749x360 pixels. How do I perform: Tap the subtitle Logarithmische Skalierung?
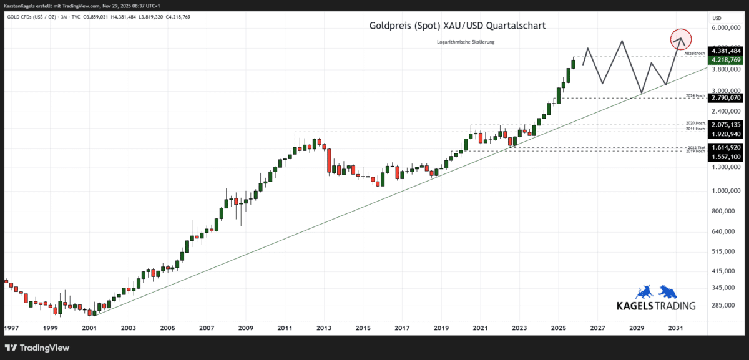click(x=466, y=42)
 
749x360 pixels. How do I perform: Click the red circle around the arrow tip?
click(x=681, y=40)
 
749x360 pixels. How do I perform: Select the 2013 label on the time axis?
click(x=323, y=328)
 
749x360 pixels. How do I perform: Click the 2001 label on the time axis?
click(x=89, y=328)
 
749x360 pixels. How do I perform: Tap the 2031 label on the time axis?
click(x=675, y=328)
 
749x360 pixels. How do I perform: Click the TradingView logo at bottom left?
click(x=37, y=348)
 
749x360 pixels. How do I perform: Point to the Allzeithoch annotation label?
click(x=694, y=54)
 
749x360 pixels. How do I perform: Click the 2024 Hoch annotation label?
click(x=694, y=95)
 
